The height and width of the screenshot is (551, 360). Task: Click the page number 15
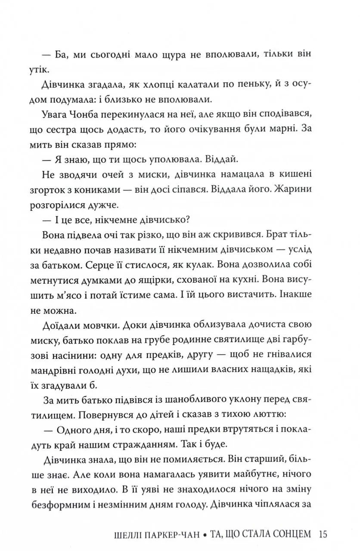click(324, 535)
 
